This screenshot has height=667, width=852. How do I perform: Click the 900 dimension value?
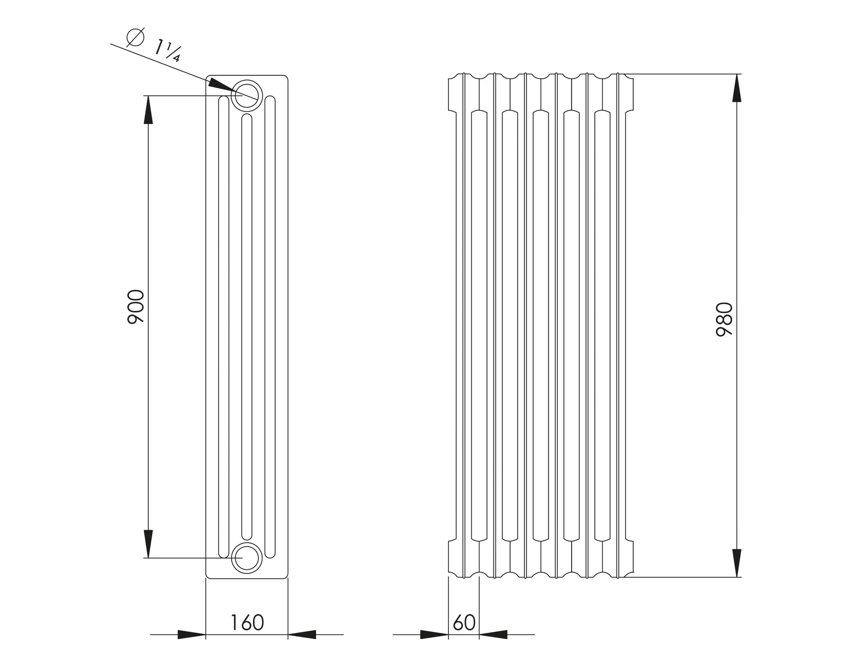coord(136,307)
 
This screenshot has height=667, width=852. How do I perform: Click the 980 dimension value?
coord(724,320)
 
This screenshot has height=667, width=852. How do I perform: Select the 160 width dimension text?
coord(247,622)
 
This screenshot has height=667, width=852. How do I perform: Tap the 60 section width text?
coord(464,622)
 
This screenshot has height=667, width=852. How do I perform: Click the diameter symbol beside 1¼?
coord(135,37)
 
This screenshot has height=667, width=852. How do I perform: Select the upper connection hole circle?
coord(247,95)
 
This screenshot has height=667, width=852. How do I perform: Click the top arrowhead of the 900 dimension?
coord(148,111)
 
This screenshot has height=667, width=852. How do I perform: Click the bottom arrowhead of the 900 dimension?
coord(148,543)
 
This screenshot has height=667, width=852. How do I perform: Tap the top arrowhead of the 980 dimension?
coord(737,88)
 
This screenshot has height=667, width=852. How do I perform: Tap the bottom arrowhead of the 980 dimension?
coord(737,562)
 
